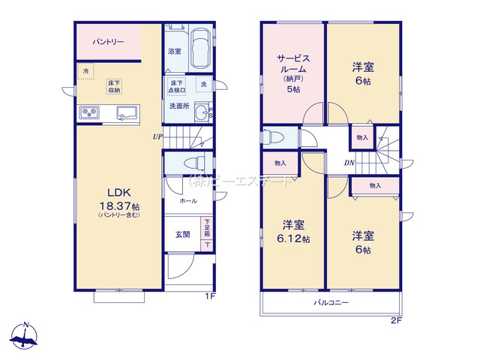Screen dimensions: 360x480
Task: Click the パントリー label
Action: click(108, 42)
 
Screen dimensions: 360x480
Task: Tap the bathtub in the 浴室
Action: click(200, 49)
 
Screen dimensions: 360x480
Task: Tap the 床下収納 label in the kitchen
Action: click(114, 86)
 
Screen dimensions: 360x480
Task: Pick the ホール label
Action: click(187, 201)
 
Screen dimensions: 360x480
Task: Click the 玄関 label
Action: click(183, 234)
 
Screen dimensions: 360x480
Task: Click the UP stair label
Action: click(157, 136)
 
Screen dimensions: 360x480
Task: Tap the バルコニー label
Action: click(331, 303)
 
